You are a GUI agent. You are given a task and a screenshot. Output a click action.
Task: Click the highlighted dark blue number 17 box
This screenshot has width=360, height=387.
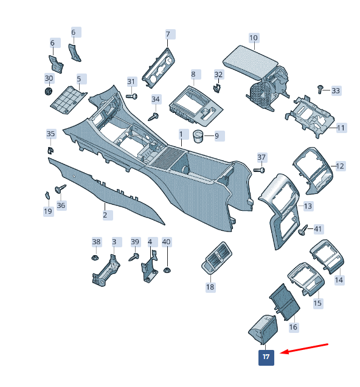(266, 358)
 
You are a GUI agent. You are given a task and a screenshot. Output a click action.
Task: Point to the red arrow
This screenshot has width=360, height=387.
(304, 348)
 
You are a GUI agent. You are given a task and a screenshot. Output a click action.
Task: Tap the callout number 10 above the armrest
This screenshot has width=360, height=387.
(254, 38)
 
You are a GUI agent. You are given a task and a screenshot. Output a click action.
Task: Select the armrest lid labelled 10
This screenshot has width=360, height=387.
(251, 62)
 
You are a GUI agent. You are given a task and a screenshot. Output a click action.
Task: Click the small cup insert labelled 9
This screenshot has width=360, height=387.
(198, 136)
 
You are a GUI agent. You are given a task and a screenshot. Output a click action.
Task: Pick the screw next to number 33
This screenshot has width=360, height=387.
(320, 89)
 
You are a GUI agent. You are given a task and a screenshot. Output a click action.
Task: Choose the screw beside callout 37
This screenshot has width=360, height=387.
(259, 170)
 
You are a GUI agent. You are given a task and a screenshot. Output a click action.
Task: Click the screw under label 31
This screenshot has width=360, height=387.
(132, 96)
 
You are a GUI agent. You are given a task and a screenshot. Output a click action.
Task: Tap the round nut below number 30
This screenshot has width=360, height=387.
(49, 91)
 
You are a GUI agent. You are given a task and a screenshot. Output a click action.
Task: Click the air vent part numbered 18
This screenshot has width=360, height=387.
(216, 258)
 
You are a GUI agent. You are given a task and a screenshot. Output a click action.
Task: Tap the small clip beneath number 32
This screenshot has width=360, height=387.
(216, 88)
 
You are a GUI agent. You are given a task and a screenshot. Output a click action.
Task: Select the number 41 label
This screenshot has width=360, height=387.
(318, 229)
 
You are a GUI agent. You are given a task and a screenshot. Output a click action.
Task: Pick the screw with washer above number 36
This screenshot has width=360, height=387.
(60, 189)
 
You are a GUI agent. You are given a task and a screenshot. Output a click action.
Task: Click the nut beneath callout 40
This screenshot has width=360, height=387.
(167, 270)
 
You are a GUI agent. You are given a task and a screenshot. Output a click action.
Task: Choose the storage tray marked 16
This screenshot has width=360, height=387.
(285, 303)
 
